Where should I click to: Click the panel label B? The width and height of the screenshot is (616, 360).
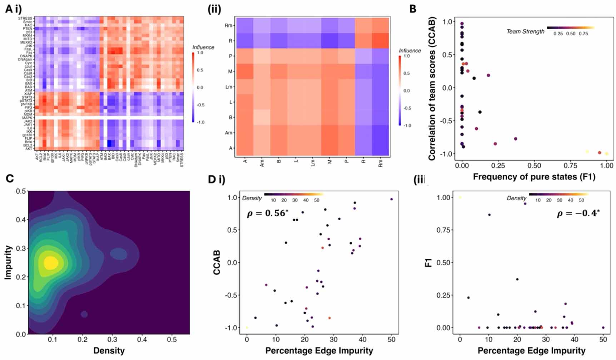click(413, 9)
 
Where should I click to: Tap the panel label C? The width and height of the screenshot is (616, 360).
click(10, 178)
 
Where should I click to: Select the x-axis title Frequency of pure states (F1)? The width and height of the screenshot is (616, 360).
click(534, 177)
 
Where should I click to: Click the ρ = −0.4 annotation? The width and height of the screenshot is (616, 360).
click(578, 214)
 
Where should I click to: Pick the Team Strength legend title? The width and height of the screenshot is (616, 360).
click(525, 31)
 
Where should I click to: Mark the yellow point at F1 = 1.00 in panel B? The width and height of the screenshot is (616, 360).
click(606, 154)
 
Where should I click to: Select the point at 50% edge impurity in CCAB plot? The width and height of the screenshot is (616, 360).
click(392, 199)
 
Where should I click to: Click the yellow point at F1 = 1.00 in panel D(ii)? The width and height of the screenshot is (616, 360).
click(460, 197)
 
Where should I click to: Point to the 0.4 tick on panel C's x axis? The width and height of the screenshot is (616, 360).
click(142, 339)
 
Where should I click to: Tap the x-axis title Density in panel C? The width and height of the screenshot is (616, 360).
click(109, 351)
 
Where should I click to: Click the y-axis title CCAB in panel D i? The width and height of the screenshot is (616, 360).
click(217, 262)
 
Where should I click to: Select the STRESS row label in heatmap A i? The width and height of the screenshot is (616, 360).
click(25, 18)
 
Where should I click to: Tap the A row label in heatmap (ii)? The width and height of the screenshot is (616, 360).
click(230, 148)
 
